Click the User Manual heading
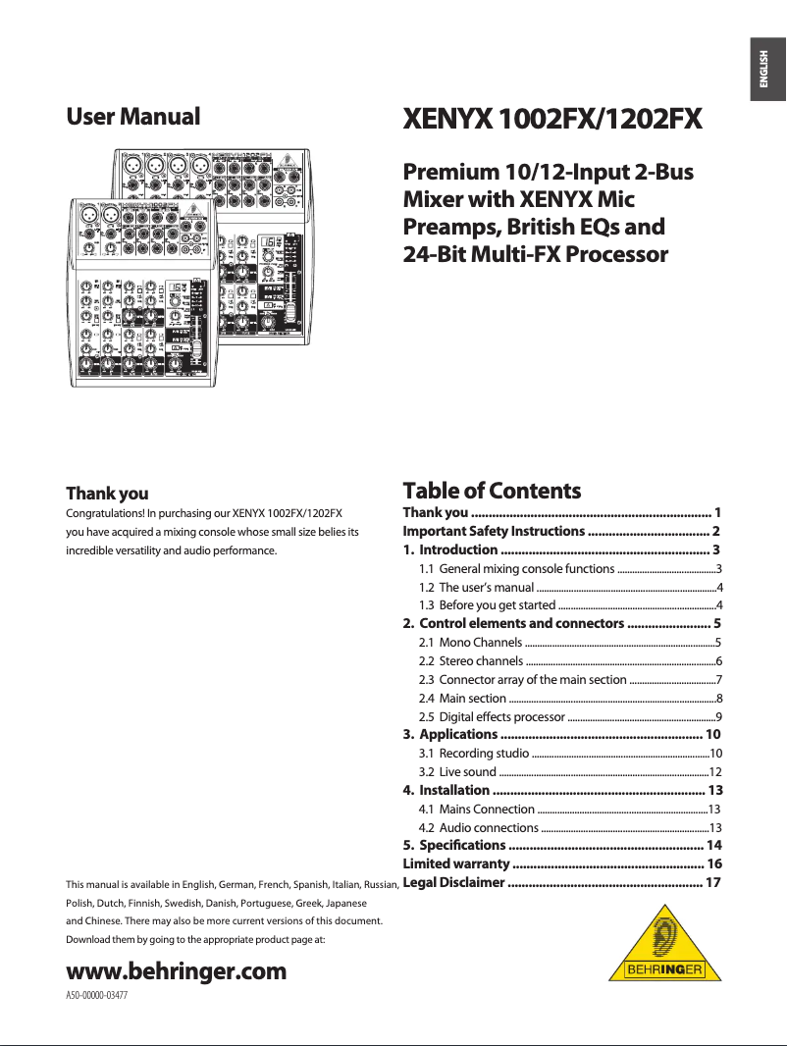(132, 117)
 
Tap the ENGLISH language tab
(765, 71)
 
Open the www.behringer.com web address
(176, 971)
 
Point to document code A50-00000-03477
(96, 995)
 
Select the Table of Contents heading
(492, 491)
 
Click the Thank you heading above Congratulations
(107, 494)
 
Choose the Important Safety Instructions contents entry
(494, 531)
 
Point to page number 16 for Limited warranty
(714, 863)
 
